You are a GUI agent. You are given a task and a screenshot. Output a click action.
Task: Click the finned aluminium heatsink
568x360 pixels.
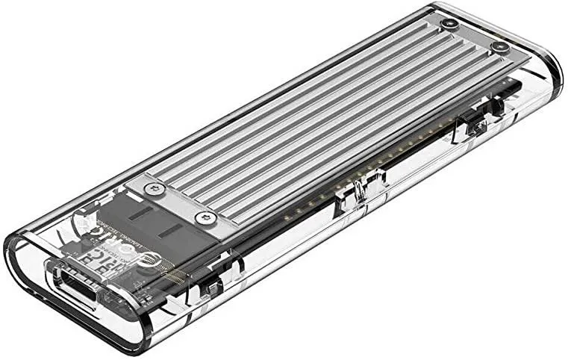[328, 112]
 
